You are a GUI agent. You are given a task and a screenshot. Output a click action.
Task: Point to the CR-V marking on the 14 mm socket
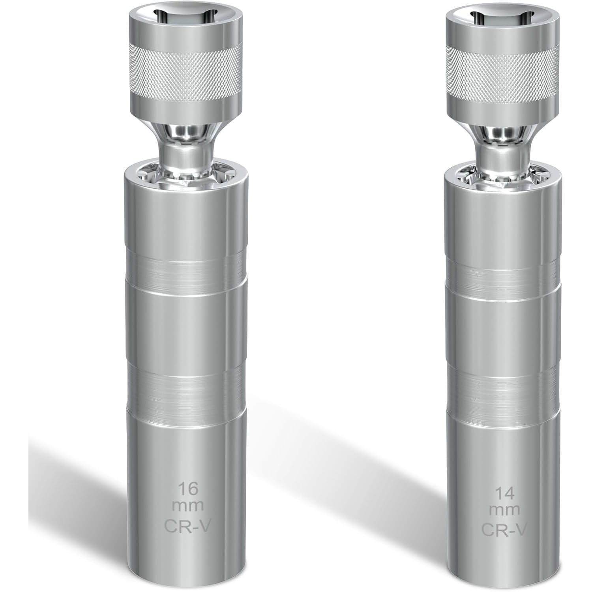pyautogui.click(x=504, y=530)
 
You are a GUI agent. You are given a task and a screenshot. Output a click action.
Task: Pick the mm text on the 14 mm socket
pyautogui.click(x=504, y=511)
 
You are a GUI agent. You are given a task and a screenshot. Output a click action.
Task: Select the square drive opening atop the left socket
pyautogui.click(x=185, y=18)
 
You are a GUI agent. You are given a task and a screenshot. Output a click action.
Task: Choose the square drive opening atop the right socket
pyautogui.click(x=502, y=18)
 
